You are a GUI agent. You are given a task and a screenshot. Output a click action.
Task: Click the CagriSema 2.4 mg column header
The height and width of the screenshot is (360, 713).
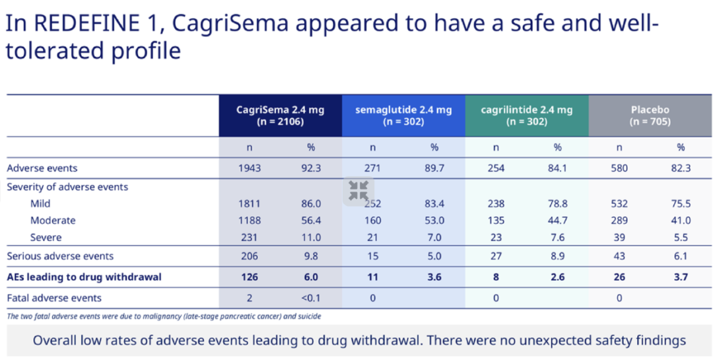pos(280,115)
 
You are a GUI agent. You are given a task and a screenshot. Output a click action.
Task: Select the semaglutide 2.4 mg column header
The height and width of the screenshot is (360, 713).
pos(403,115)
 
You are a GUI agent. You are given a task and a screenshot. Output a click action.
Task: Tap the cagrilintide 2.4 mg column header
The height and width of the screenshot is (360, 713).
pos(527,115)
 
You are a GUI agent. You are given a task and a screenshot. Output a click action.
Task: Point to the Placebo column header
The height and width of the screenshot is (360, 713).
pos(650,115)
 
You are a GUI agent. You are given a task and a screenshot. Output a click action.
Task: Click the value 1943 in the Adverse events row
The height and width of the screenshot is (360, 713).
pos(250,168)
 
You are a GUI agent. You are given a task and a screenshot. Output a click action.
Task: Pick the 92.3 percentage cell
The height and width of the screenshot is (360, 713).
pos(311,168)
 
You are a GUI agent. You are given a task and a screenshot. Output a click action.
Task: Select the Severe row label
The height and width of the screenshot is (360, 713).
pos(46,237)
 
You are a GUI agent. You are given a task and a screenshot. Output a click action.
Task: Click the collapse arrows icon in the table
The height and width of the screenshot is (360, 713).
pos(358,192)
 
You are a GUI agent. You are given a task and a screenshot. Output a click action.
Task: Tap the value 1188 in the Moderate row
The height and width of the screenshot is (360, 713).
pos(250,221)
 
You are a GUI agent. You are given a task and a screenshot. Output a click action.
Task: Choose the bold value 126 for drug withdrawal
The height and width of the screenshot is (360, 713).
pos(250,277)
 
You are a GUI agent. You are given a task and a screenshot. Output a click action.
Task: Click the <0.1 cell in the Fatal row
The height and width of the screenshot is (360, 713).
pos(311,298)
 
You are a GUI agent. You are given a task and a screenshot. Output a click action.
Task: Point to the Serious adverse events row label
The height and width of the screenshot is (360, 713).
pos(60,256)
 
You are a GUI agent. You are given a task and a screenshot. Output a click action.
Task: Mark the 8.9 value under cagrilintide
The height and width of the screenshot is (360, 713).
pos(558,256)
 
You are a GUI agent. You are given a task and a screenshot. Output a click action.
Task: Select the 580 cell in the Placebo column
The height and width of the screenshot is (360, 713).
pos(619,168)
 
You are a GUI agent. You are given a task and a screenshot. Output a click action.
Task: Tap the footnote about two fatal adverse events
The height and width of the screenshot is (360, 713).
pos(164,316)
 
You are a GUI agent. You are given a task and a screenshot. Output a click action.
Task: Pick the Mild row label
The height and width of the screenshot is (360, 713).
pos(40,204)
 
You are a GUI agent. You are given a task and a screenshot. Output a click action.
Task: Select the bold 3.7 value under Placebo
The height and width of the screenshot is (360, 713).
pos(681,277)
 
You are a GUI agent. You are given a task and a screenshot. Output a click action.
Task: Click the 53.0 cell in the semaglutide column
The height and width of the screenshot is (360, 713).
pos(434,221)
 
